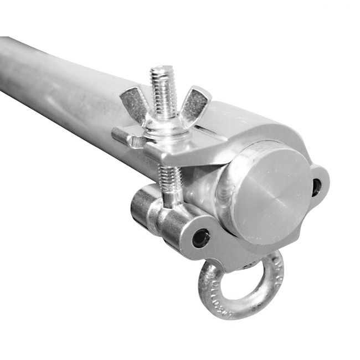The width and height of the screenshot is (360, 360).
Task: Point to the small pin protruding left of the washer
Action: [121, 137]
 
